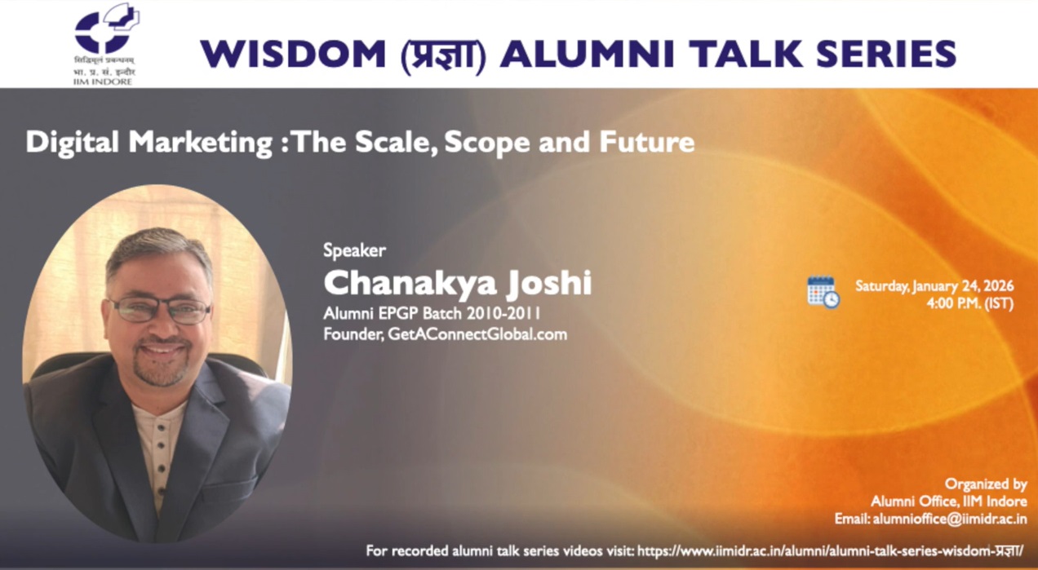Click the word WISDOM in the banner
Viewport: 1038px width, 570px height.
coord(293,55)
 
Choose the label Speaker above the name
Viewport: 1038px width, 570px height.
coord(354,250)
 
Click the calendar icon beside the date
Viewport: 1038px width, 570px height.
coord(823,292)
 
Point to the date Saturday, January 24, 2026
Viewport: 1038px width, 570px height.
coord(934,286)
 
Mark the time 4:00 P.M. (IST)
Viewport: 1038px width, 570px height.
coord(969,304)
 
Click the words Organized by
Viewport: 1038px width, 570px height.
coord(986,484)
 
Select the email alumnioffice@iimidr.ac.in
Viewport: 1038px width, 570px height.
coord(949,519)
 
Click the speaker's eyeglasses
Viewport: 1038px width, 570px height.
coord(160,310)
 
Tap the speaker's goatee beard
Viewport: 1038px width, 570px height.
coord(160,371)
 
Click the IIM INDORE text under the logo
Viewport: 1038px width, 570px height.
coord(102,82)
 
